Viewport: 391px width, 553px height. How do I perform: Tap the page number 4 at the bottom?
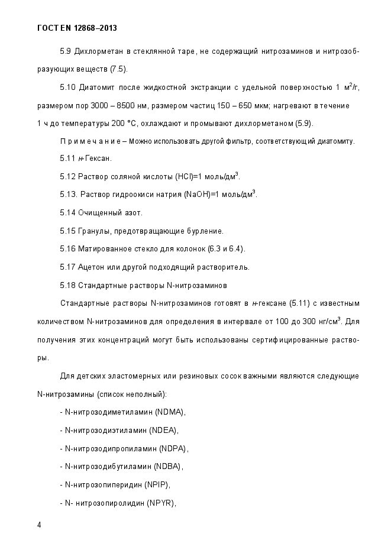(38, 525)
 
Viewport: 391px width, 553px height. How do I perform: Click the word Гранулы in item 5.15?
(94, 231)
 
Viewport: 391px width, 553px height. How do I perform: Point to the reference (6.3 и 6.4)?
(226, 248)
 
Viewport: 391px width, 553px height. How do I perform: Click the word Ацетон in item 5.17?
(92, 267)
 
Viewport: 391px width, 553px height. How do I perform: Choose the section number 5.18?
(67, 285)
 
